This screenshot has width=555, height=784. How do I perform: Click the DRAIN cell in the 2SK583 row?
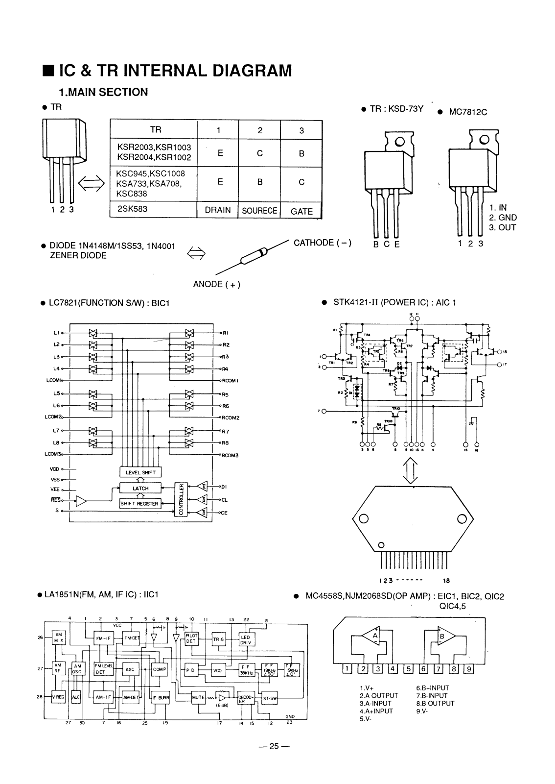pos(218,210)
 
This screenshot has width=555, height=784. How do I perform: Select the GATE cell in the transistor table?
pos(301,211)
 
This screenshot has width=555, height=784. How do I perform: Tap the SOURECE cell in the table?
pos(259,211)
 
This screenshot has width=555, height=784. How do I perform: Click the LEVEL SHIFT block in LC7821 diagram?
pos(140,472)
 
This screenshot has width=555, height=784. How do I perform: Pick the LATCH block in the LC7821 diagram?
pos(140,489)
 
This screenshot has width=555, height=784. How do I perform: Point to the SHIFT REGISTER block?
pos(140,503)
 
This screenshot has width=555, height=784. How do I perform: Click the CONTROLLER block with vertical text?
pos(182,499)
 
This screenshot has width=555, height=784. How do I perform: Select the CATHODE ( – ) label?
pos(323,243)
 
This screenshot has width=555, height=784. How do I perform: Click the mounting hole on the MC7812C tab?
pos(485,140)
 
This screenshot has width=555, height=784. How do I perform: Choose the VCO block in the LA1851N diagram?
pos(217,670)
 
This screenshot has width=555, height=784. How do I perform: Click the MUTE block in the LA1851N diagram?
pos(198,697)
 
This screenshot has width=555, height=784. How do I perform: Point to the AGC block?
pos(130,669)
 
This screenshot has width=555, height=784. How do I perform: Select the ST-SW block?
pos(270,699)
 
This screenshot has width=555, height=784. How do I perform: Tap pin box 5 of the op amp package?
pos(408,669)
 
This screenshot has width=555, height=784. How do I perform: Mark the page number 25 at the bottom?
pos(274,746)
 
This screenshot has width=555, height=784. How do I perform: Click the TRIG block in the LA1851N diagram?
pos(218,639)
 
